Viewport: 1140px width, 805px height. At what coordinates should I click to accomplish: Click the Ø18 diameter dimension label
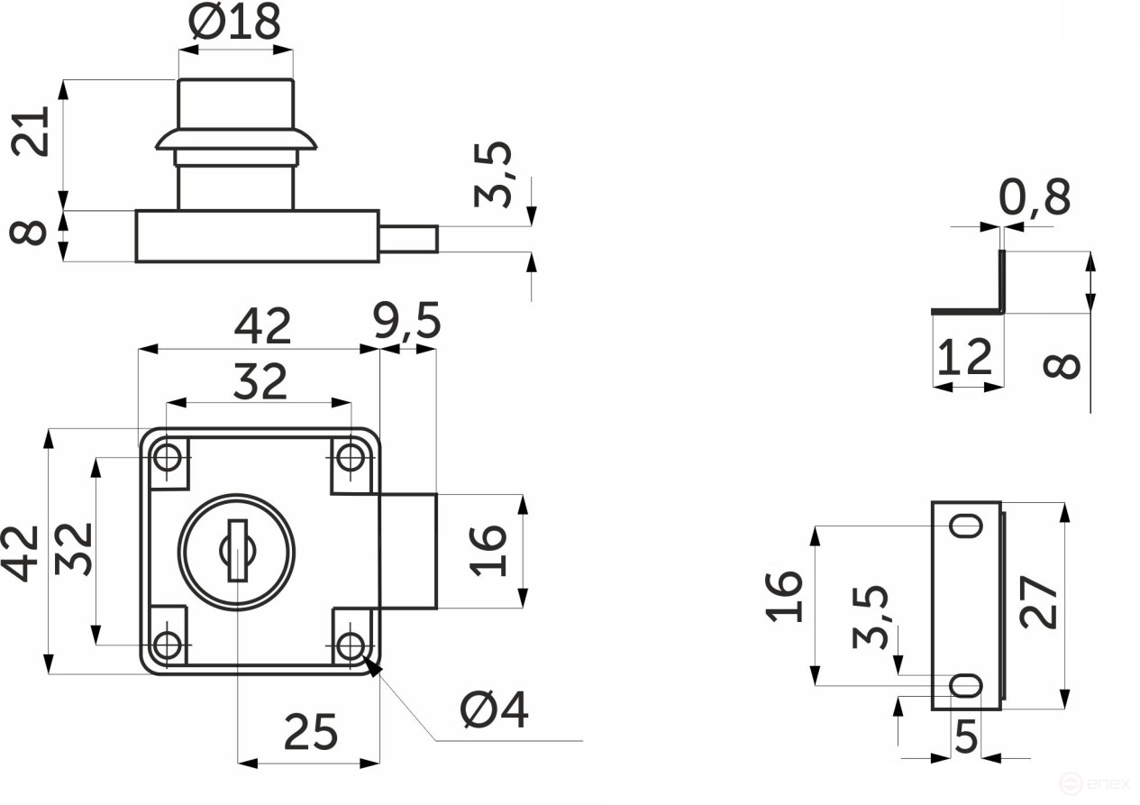pyautogui.click(x=234, y=22)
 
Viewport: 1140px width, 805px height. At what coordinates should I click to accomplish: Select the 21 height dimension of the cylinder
pyautogui.click(x=31, y=131)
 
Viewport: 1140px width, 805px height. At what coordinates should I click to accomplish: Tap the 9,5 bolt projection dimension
pyautogui.click(x=407, y=321)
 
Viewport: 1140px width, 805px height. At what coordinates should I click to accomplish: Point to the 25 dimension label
pyautogui.click(x=311, y=732)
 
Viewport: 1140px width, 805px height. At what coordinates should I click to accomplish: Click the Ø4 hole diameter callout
pyautogui.click(x=494, y=709)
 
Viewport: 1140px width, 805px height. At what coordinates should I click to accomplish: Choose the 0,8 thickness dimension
pyautogui.click(x=1035, y=197)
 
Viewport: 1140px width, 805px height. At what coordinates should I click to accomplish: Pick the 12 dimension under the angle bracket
pyautogui.click(x=965, y=357)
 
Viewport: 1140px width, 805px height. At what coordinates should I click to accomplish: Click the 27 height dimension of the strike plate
pyautogui.click(x=1039, y=602)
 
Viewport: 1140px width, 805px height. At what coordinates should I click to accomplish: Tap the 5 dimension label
pyautogui.click(x=966, y=736)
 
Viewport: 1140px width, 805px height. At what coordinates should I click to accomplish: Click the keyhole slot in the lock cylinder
pyautogui.click(x=238, y=551)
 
